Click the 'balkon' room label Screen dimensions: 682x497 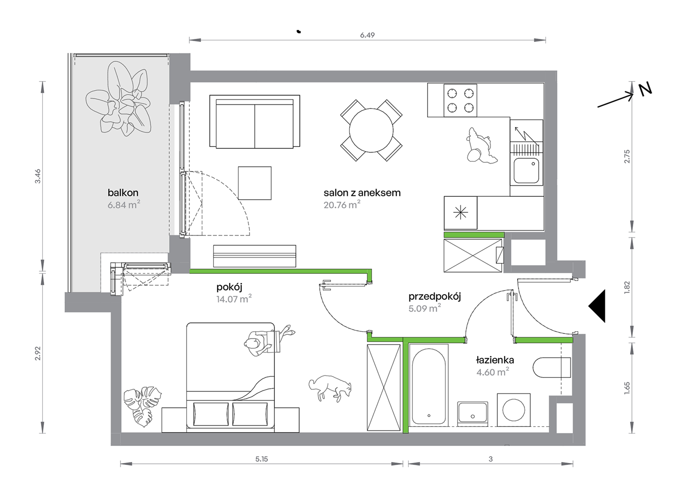(x=123, y=193)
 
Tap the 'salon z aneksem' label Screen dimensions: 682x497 (x=362, y=193)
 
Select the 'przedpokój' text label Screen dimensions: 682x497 (x=434, y=297)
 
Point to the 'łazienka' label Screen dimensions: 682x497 (x=495, y=360)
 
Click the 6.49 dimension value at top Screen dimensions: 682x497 (x=367, y=35)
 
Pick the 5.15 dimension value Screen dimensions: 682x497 (x=262, y=459)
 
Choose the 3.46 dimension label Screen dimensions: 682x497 (x=38, y=176)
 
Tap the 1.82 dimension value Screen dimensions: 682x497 (x=627, y=288)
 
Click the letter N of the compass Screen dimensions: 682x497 (x=645, y=89)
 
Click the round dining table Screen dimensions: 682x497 (x=371, y=130)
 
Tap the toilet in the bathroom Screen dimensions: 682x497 (x=552, y=367)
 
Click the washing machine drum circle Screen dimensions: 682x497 (x=514, y=410)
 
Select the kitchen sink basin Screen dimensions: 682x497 (x=526, y=171)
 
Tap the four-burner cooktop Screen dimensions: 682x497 (x=460, y=100)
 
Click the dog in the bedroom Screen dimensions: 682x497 (x=330, y=388)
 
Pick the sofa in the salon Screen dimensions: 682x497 (x=254, y=122)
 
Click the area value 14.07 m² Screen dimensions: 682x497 (x=234, y=299)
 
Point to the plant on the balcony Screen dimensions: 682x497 (x=118, y=99)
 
